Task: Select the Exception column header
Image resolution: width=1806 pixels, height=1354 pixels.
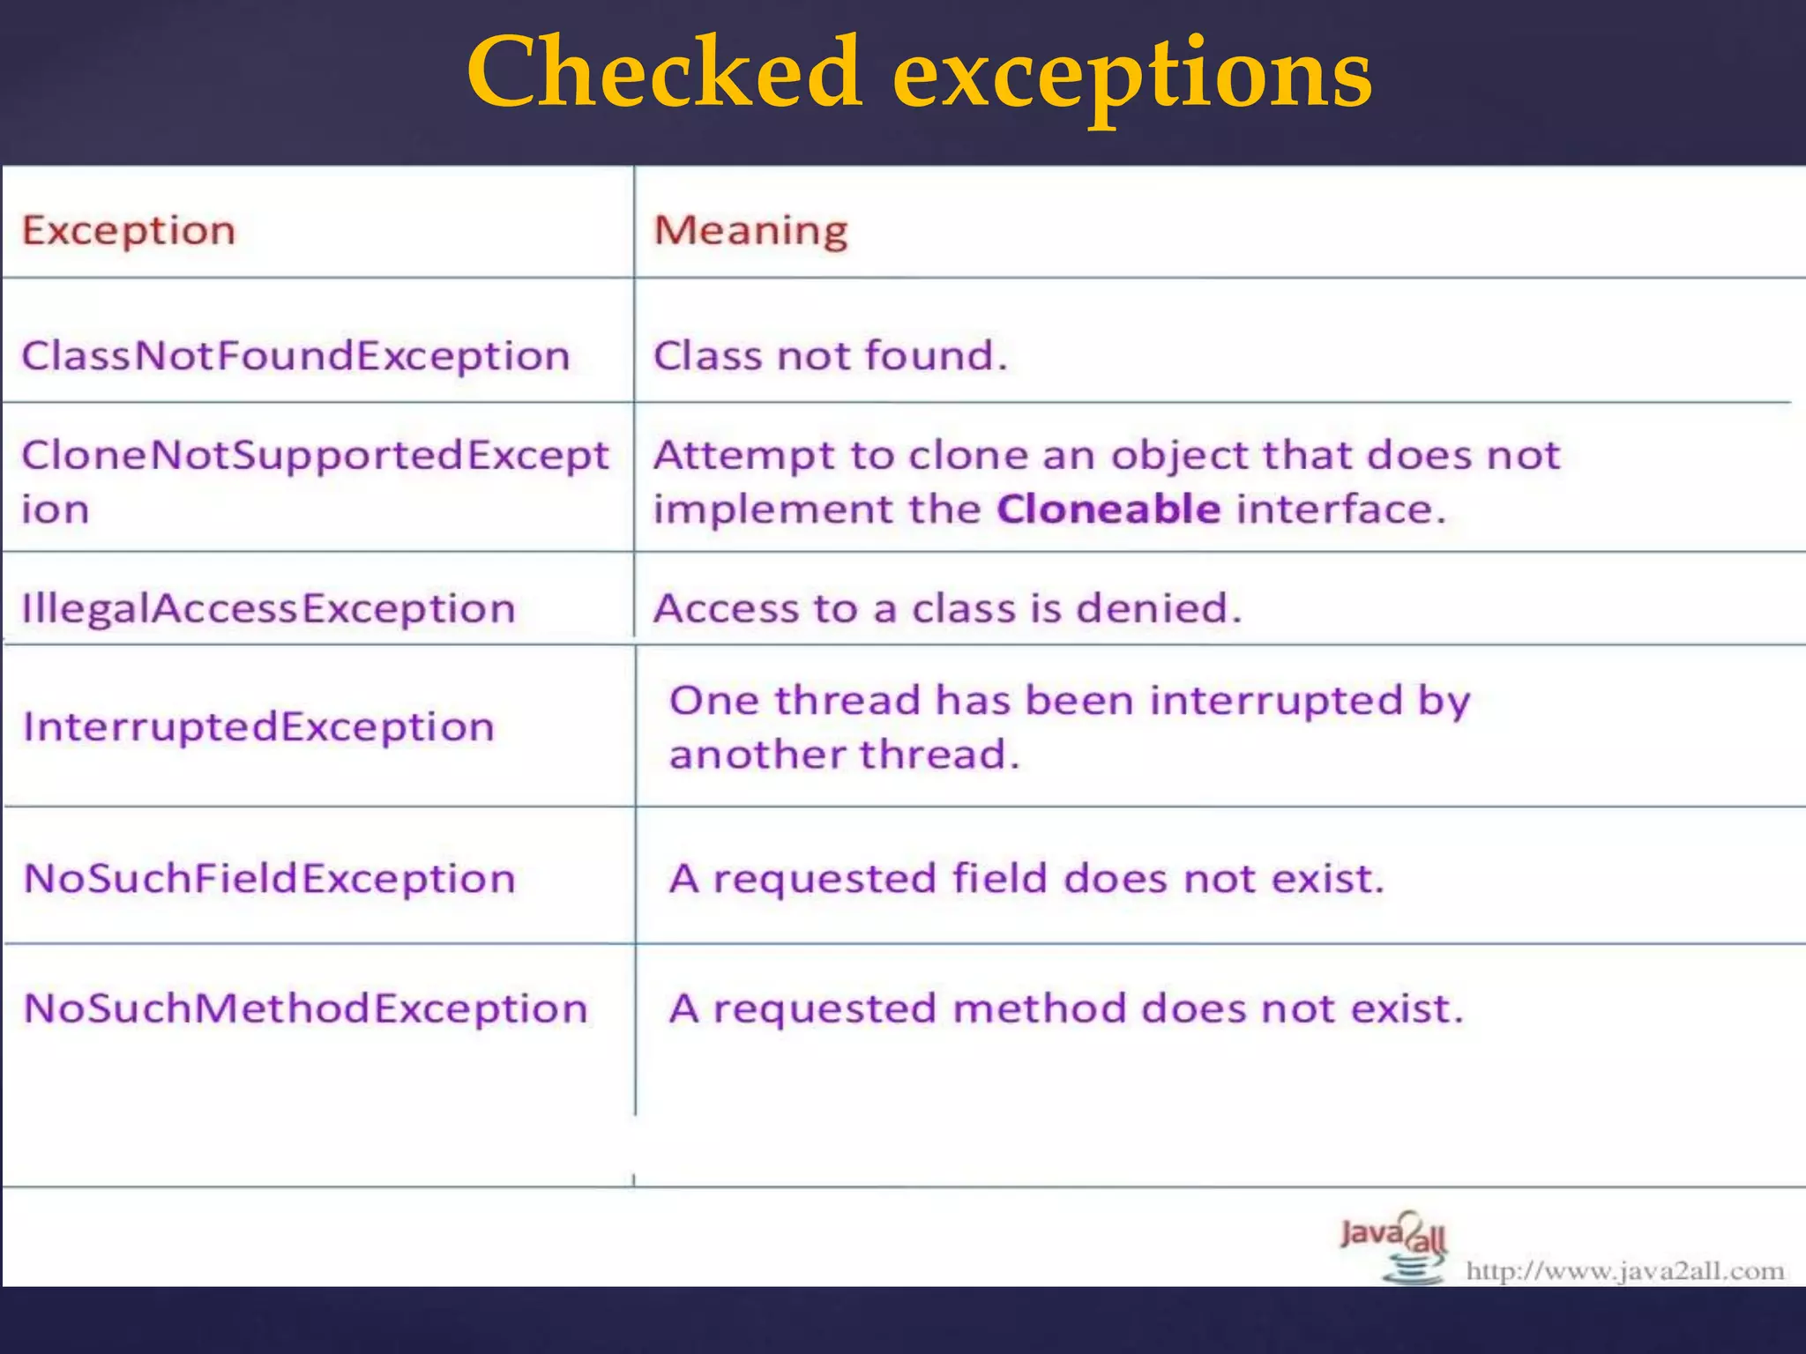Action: pos(129,231)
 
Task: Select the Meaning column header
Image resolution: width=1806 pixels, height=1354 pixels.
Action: pos(750,231)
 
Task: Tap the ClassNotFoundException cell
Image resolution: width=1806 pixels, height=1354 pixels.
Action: pos(295,356)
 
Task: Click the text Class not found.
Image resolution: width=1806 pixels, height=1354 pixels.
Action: pos(829,356)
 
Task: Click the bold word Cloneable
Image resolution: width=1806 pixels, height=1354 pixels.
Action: pos(1108,510)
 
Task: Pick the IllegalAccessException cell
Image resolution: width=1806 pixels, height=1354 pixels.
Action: pos(268,609)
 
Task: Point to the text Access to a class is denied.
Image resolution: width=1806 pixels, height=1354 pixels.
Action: pos(946,608)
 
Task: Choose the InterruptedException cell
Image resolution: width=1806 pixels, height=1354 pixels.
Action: pos(258,727)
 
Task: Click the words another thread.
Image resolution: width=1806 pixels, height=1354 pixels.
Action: pos(844,755)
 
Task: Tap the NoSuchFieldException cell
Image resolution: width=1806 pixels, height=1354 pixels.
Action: pos(269,879)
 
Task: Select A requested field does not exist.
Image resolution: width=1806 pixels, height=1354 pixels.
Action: pos(1026,879)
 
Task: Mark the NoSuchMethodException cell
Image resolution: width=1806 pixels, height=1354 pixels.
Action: pos(305,1008)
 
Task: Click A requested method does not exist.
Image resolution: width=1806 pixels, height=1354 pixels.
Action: pos(1066,1008)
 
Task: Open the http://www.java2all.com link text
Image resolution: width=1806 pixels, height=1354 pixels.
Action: pos(1624,1271)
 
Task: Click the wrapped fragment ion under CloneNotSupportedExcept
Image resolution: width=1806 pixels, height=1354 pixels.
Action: pos(56,510)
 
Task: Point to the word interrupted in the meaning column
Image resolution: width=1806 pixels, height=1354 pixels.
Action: pos(1275,701)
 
